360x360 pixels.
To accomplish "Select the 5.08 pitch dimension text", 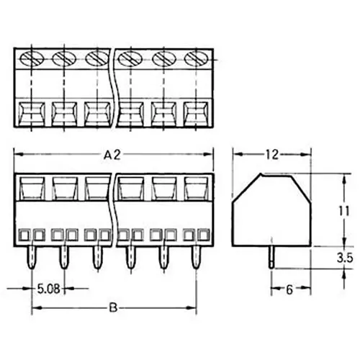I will pos(48,292).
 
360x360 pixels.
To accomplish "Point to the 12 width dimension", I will pos(271,154).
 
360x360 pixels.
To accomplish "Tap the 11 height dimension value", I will pos(346,212).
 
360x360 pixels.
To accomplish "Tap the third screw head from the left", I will pos(96,58).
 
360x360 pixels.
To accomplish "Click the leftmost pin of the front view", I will pos(32,256).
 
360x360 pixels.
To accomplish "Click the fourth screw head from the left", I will pos(130,58).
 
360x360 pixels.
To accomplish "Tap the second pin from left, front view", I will pos(64,256).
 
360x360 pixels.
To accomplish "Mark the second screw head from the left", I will pos(64,58).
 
